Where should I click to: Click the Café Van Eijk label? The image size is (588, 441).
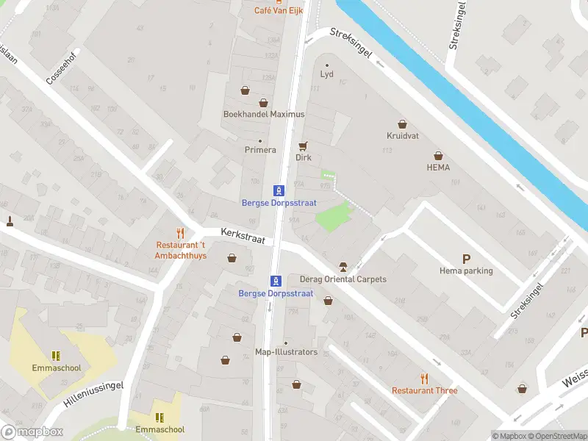279,10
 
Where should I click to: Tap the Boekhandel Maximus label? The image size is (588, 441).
264,114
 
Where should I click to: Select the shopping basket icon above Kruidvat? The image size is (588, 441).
402,123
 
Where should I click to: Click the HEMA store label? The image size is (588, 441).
438,167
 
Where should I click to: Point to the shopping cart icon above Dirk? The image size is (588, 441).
303,145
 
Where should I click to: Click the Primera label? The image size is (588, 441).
260,150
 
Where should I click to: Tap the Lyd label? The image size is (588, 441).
327,74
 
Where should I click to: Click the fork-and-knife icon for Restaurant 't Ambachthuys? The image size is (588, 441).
180,233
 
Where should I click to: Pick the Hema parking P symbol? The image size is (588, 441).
466,259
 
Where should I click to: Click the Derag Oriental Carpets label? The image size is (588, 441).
343,279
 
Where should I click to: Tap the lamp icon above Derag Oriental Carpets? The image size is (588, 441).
343,266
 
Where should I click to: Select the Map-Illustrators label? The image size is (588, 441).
286,352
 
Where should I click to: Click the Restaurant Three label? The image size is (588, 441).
424,390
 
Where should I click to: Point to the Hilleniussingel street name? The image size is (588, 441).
93,396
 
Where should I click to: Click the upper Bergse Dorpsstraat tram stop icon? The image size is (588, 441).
279,190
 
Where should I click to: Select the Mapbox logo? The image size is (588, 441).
32,432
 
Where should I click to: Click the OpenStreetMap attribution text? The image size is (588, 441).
556,436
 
